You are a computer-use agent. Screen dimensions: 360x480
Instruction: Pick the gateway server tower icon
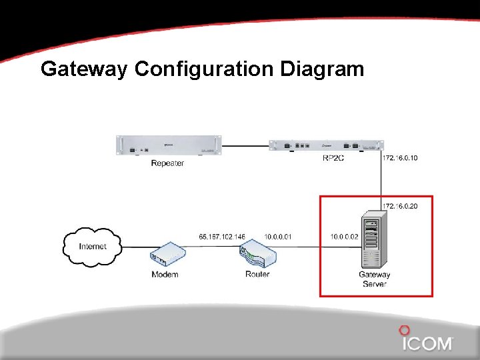pos(372,241)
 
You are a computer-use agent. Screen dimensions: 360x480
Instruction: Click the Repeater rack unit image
pos(169,145)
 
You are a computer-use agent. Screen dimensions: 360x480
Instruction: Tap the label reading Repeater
pos(167,163)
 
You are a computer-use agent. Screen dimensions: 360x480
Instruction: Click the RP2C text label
pos(333,159)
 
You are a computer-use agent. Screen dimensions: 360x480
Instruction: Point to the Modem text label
pos(165,275)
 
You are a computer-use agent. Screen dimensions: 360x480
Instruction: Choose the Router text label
pos(257,274)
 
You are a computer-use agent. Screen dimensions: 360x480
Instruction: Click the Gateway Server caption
pos(375,279)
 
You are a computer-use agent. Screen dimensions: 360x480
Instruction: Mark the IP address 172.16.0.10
pos(400,159)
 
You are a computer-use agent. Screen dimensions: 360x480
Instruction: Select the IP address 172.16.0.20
pos(400,206)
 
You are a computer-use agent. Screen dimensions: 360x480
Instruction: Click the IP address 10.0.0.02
pos(344,237)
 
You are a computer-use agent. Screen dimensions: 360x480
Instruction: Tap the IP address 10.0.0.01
pos(278,237)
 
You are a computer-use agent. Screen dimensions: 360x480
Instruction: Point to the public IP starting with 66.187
pos(222,237)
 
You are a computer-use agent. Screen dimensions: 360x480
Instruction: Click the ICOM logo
pos(427,341)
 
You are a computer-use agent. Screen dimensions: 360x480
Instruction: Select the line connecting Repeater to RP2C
pos(245,145)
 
